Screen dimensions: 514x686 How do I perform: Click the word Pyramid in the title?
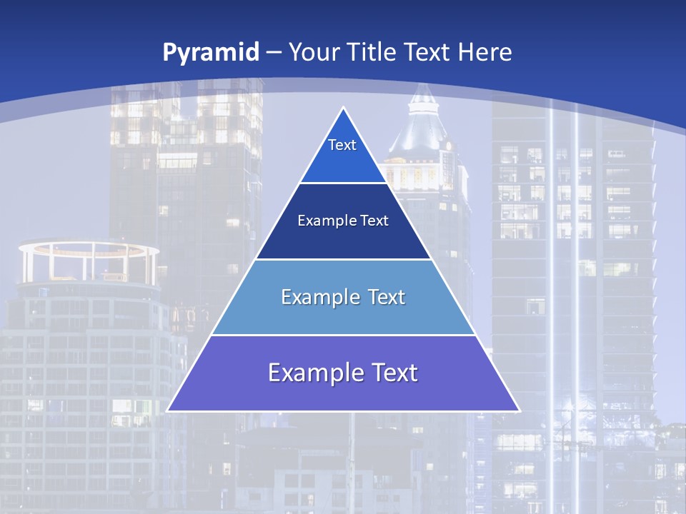[x=211, y=53]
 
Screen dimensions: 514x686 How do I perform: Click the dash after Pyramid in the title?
[x=273, y=53]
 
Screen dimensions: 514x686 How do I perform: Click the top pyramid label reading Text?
[x=342, y=145]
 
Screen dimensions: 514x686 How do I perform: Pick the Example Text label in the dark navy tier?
[x=343, y=221]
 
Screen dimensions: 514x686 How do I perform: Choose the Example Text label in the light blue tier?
[x=343, y=297]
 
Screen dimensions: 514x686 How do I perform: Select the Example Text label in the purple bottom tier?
[x=343, y=373]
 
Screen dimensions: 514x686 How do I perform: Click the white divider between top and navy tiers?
[x=343, y=183]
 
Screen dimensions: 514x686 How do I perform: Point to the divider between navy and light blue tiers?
[x=343, y=259]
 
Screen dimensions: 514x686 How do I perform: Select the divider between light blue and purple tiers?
[x=343, y=335]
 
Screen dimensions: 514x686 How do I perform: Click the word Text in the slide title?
[x=428, y=52]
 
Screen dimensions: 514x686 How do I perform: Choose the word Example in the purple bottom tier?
[x=307, y=373]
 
